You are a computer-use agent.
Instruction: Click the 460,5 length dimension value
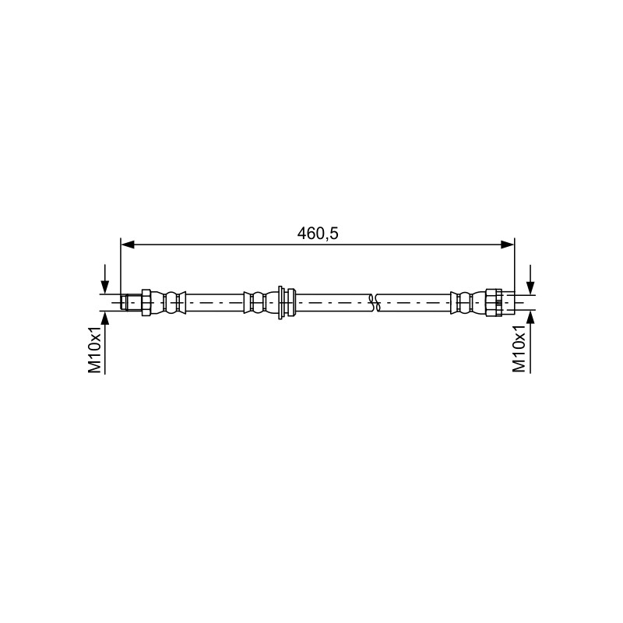[318, 234]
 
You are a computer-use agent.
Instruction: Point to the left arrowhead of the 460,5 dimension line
[128, 245]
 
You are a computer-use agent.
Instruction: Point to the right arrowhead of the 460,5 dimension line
[508, 245]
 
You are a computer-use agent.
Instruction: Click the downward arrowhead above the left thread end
[104, 287]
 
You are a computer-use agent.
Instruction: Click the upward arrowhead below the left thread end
[104, 319]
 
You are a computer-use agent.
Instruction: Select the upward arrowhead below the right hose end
[530, 319]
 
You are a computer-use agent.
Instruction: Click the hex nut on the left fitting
[146, 303]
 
